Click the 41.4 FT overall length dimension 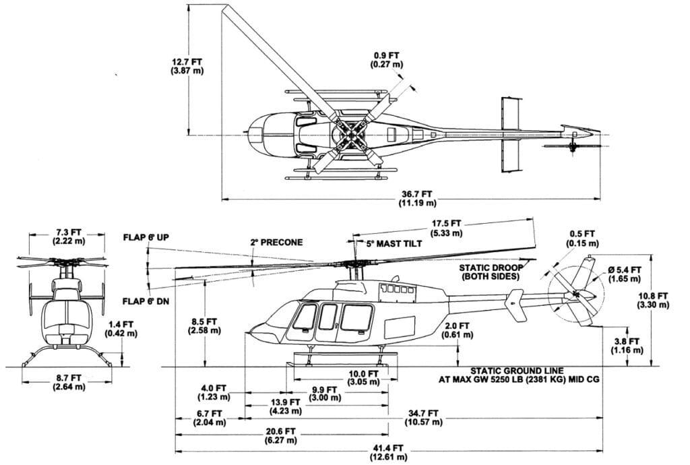(389, 453)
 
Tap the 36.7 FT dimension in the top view (417, 198)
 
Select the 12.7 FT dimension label (187, 66)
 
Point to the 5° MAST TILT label (394, 244)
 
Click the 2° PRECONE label (276, 243)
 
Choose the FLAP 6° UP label (146, 238)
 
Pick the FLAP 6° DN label (146, 301)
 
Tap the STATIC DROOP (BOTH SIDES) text (491, 272)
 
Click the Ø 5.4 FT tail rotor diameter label (625, 274)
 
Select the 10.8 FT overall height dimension (653, 301)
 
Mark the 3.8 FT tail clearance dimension (627, 346)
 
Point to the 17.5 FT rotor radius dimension (446, 228)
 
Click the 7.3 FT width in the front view (69, 237)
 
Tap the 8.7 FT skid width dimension (69, 382)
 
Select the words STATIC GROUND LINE (517, 371)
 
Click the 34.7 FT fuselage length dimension (423, 417)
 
